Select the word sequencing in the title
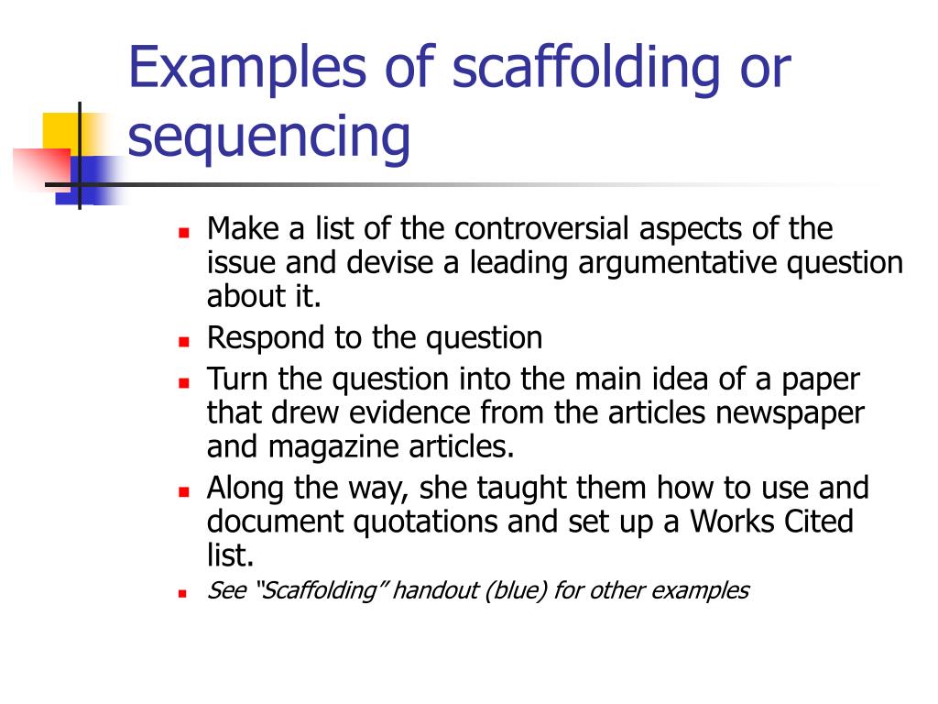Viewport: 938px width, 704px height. click(x=268, y=137)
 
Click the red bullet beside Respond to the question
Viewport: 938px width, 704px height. click(x=183, y=340)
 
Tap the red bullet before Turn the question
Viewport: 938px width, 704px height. click(x=183, y=380)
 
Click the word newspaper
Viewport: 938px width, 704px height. click(x=790, y=412)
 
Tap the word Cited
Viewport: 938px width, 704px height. click(x=813, y=522)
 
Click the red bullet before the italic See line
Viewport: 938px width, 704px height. click(x=183, y=593)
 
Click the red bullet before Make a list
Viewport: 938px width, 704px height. click(x=183, y=231)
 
